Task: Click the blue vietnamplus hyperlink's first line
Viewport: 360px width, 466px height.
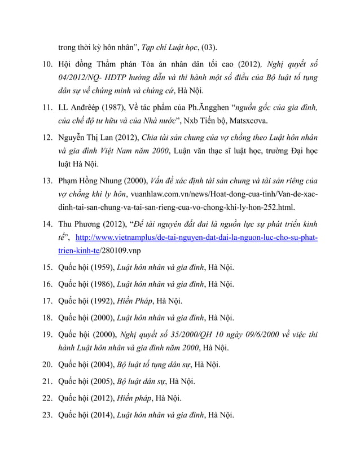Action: coord(196,238)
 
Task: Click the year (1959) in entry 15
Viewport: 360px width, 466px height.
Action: coord(102,267)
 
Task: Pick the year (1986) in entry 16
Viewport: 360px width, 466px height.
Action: coord(102,284)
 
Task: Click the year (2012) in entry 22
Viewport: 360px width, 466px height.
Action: coord(102,398)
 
